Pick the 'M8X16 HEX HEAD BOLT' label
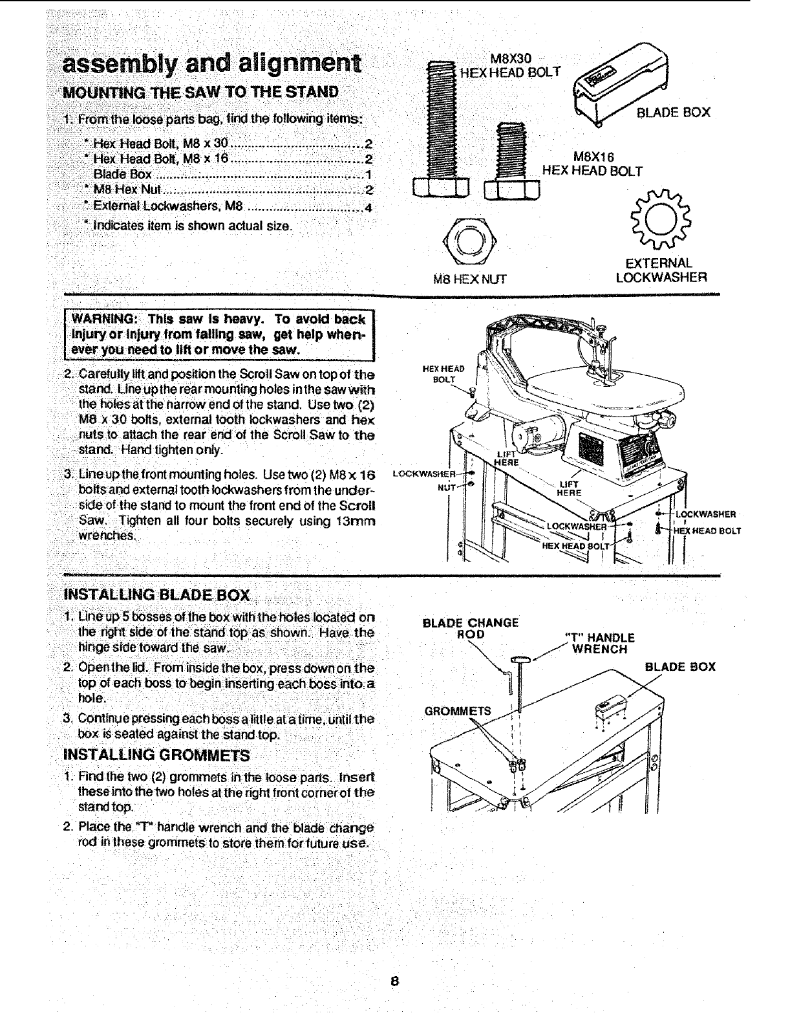[592, 164]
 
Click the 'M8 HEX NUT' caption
[469, 279]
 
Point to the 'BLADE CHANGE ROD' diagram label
[471, 628]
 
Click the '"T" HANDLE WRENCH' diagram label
[599, 643]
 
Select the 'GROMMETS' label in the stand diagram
[458, 712]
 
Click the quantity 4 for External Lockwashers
[368, 208]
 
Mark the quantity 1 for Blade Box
[368, 175]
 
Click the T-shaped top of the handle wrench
[520, 659]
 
